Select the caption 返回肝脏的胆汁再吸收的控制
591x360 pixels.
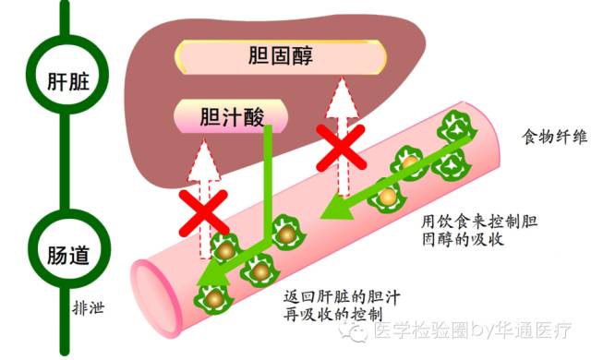click(x=332, y=306)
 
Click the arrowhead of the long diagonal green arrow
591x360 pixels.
click(x=329, y=214)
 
